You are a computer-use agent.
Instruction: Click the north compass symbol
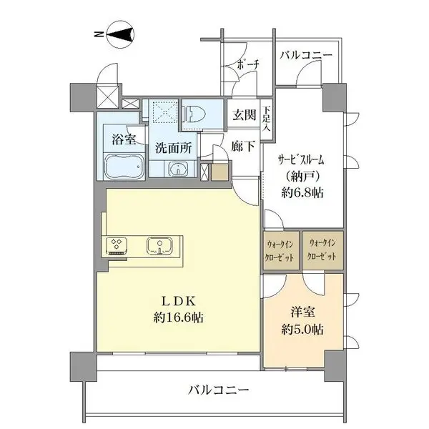120,34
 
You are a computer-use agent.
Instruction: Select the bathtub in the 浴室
124,167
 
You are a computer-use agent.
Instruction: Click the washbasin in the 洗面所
178,168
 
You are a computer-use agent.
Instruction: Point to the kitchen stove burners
117,244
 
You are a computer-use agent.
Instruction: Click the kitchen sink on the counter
159,245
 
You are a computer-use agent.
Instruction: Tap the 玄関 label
245,114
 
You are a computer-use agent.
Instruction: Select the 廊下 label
244,146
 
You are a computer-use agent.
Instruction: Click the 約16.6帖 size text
178,317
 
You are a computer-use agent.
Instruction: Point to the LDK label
178,302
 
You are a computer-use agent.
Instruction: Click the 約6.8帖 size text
302,193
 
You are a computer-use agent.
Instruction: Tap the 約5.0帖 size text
302,330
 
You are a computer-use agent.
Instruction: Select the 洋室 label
302,312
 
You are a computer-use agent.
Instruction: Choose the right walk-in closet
322,250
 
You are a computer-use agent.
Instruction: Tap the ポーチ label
247,64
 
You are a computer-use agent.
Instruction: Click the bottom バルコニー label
218,390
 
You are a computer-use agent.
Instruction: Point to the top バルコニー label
306,55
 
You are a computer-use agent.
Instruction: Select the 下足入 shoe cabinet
266,119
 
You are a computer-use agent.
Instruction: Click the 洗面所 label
174,148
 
